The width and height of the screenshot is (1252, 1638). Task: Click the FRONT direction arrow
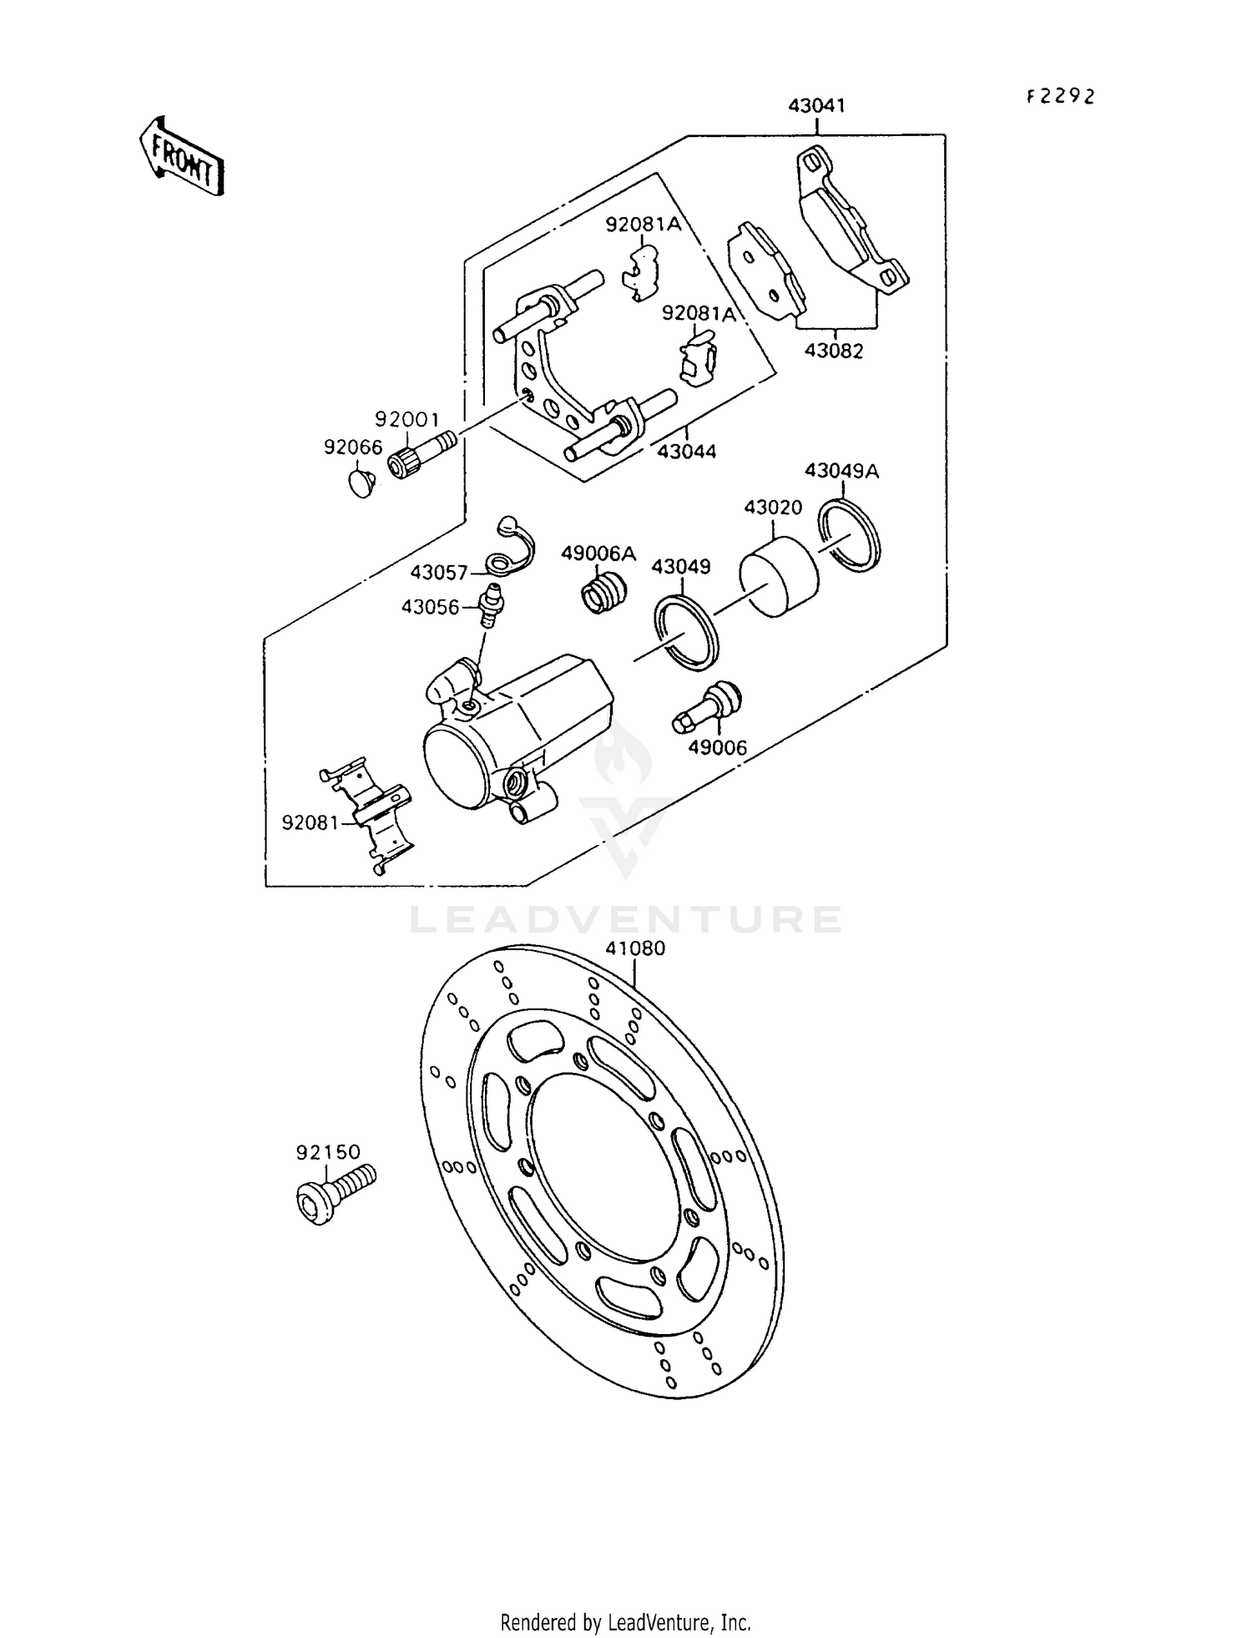pyautogui.click(x=182, y=157)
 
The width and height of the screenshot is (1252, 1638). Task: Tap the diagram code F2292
pyautogui.click(x=1059, y=97)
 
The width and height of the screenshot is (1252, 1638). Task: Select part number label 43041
pyautogui.click(x=817, y=106)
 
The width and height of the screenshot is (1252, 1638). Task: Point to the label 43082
pyautogui.click(x=834, y=351)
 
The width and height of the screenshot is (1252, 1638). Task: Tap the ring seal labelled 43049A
pyautogui.click(x=849, y=534)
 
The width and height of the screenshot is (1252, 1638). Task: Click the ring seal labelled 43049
pyautogui.click(x=687, y=632)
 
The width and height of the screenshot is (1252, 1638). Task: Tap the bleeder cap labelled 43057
pyautogui.click(x=507, y=546)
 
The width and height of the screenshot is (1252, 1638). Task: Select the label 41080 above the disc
pyautogui.click(x=635, y=948)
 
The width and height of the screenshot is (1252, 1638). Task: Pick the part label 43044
pyautogui.click(x=686, y=452)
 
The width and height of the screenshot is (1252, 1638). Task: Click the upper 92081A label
pyautogui.click(x=644, y=224)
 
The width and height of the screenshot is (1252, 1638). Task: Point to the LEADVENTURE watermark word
pyautogui.click(x=625, y=919)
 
